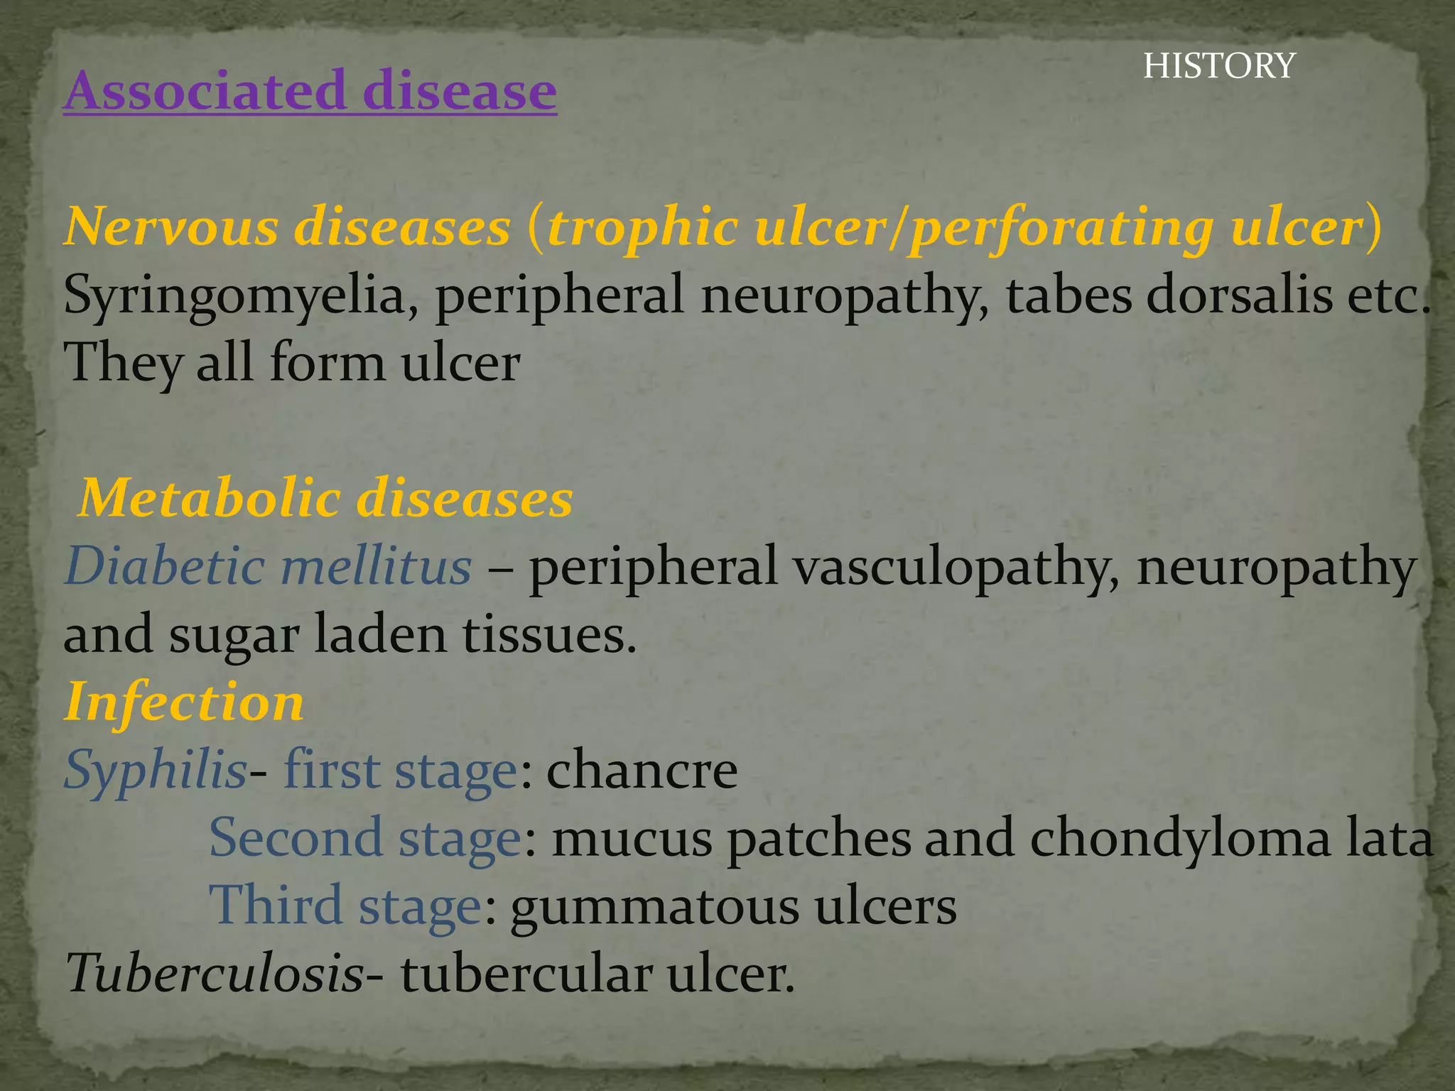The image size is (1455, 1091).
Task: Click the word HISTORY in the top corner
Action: point(1219,66)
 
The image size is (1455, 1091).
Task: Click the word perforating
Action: point(1061,229)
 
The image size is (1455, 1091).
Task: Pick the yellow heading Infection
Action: point(184,702)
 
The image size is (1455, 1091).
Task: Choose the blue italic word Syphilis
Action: point(155,771)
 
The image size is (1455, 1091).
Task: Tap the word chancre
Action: point(642,771)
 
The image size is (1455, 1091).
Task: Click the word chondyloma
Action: point(1179,839)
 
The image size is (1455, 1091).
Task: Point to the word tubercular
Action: point(526,974)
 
